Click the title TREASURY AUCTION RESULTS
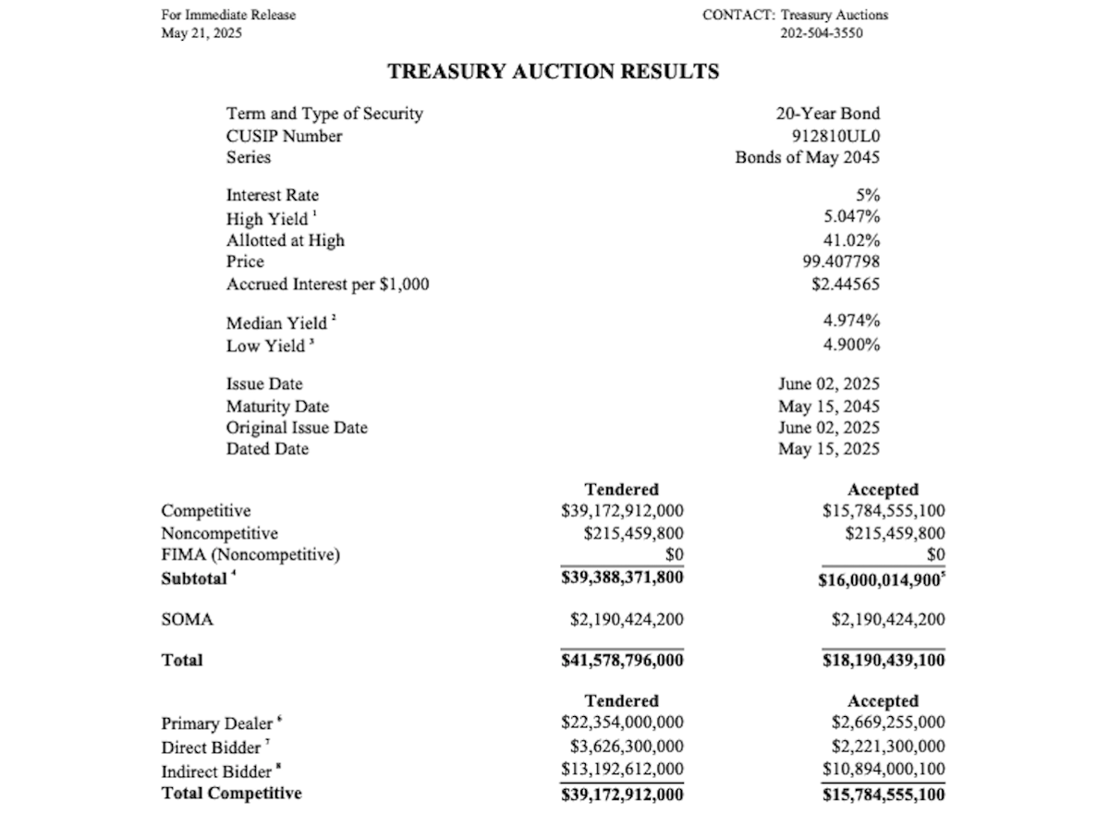pos(553,72)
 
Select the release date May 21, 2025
pos(201,33)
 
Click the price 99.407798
pos(841,261)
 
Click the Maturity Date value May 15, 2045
pos(829,406)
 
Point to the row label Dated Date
pos(267,449)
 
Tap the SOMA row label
pos(187,620)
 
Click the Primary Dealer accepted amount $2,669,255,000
pos(888,723)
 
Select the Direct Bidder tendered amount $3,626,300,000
pos(628,746)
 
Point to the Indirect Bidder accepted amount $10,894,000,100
pos(884,769)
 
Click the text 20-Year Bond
pos(828,114)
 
